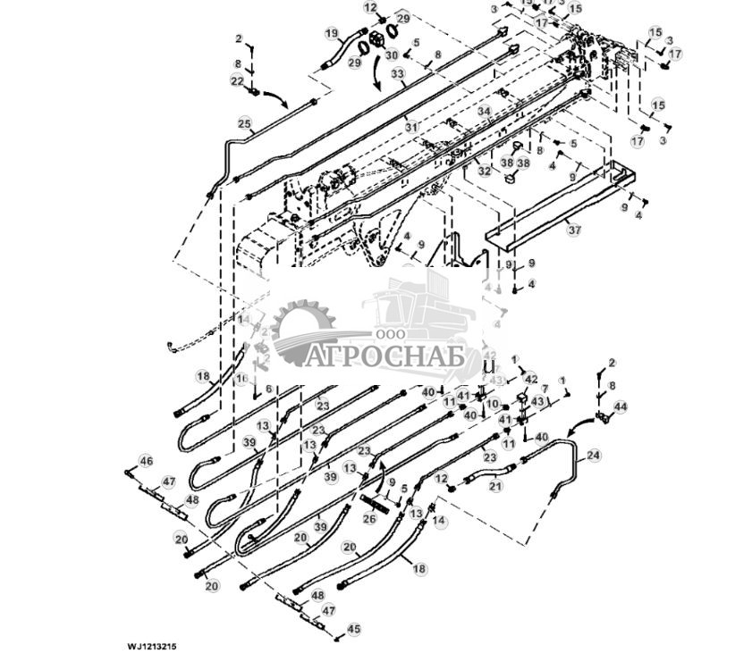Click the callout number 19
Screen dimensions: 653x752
[332, 34]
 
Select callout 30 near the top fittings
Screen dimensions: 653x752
[392, 55]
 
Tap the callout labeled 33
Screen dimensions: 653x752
[397, 74]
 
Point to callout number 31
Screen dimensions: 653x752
[411, 128]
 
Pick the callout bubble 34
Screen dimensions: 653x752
[484, 112]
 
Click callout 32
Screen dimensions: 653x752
[484, 170]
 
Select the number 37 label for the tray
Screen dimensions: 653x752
[574, 230]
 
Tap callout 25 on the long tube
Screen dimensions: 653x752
[244, 123]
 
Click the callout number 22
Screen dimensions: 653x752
[237, 81]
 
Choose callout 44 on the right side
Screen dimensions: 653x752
[621, 407]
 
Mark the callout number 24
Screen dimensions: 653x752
[594, 456]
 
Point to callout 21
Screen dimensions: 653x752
[495, 486]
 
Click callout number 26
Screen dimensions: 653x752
[369, 518]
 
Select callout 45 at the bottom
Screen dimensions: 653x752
[353, 630]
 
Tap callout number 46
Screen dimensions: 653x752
[146, 461]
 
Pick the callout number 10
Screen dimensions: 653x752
[492, 405]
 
